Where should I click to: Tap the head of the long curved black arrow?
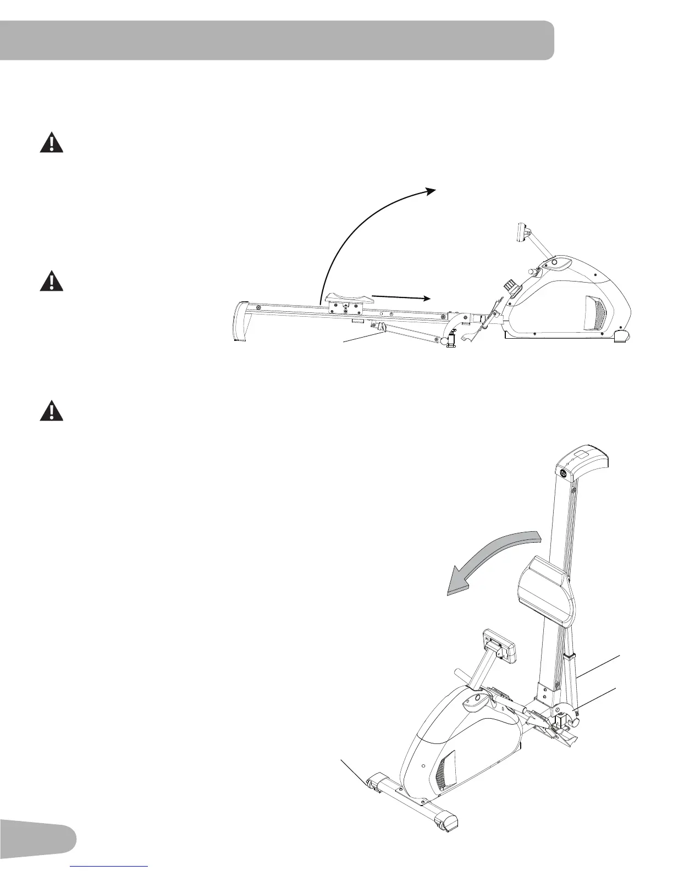(x=432, y=190)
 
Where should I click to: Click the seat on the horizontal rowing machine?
(x=348, y=300)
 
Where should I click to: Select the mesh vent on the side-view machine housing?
(x=595, y=311)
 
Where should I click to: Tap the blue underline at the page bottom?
(x=110, y=868)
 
